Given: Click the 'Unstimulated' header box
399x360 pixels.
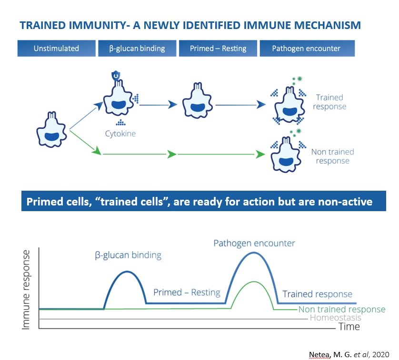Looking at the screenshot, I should pyautogui.click(x=56, y=49).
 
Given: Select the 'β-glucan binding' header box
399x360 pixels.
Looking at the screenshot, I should pyautogui.click(x=136, y=49).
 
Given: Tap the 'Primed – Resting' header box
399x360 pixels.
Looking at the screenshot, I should pyautogui.click(x=218, y=49).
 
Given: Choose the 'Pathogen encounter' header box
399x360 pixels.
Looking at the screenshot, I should pyautogui.click(x=306, y=49).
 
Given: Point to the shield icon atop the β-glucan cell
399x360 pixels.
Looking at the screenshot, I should pyautogui.click(x=115, y=76).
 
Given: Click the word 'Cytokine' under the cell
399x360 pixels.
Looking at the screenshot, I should pyautogui.click(x=120, y=134).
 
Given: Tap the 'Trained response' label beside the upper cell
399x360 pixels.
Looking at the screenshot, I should pyautogui.click(x=329, y=102).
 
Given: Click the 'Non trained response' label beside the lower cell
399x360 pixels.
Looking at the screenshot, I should pyautogui.click(x=332, y=156).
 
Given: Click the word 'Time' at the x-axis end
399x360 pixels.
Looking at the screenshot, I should pyautogui.click(x=349, y=327).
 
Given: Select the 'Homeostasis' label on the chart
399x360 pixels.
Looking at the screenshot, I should pyautogui.click(x=335, y=318).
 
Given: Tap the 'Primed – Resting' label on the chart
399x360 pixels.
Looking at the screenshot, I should pyautogui.click(x=187, y=292).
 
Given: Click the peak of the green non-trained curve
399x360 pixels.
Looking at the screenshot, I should pyautogui.click(x=253, y=282).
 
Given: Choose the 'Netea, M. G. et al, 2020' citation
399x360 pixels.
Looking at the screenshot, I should pyautogui.click(x=349, y=354).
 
